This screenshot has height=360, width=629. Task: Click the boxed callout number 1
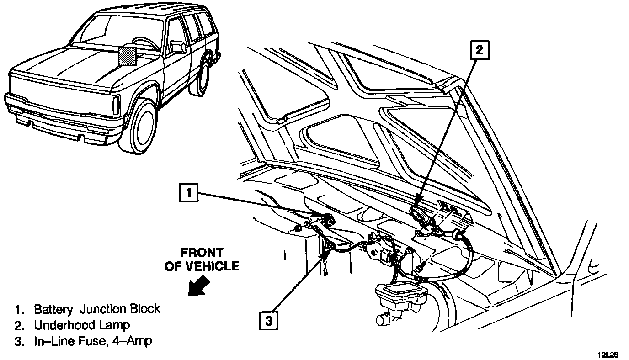[x=189, y=192]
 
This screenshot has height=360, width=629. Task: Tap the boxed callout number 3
[x=269, y=320]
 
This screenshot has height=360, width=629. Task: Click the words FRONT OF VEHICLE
[x=202, y=259]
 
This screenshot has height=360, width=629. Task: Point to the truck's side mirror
[x=177, y=46]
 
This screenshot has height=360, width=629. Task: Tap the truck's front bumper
[x=59, y=116]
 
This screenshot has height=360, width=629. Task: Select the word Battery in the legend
[x=53, y=309]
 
